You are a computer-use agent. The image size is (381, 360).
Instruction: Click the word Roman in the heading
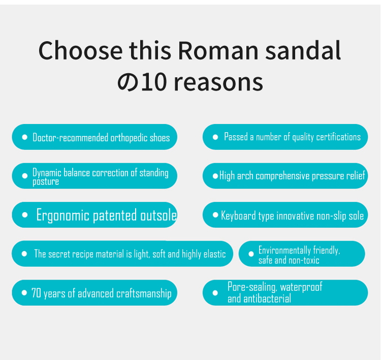point(218,51)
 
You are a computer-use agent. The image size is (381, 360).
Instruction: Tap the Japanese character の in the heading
point(128,82)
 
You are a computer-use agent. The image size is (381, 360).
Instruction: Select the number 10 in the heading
point(154,82)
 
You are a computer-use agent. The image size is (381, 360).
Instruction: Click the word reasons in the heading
point(218,83)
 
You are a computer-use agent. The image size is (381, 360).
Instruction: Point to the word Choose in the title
point(80,51)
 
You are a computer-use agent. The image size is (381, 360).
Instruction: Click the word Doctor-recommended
point(71,137)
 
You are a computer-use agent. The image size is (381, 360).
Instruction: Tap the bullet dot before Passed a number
point(215,137)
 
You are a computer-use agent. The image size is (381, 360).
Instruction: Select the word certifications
point(338,137)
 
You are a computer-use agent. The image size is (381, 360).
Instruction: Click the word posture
point(46,182)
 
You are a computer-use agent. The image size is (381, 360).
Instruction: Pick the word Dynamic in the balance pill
point(47,173)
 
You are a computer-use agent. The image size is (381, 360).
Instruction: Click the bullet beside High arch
point(215,176)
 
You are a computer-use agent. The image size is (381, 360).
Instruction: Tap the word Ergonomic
point(62,215)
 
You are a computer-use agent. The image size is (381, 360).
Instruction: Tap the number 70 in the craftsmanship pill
point(36,293)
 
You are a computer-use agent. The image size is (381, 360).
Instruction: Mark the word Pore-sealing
point(252,287)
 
